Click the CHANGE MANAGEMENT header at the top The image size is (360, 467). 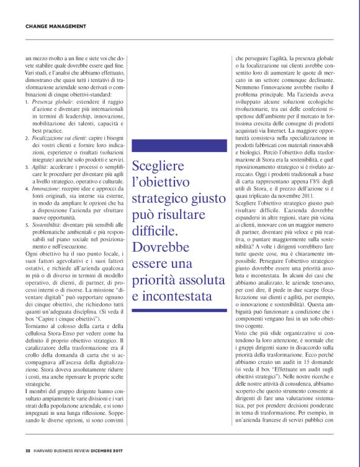tap(55, 27)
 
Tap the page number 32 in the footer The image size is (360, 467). tap(28, 451)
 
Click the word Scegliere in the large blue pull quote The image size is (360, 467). tap(156, 167)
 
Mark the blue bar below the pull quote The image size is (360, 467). tap(179, 309)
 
